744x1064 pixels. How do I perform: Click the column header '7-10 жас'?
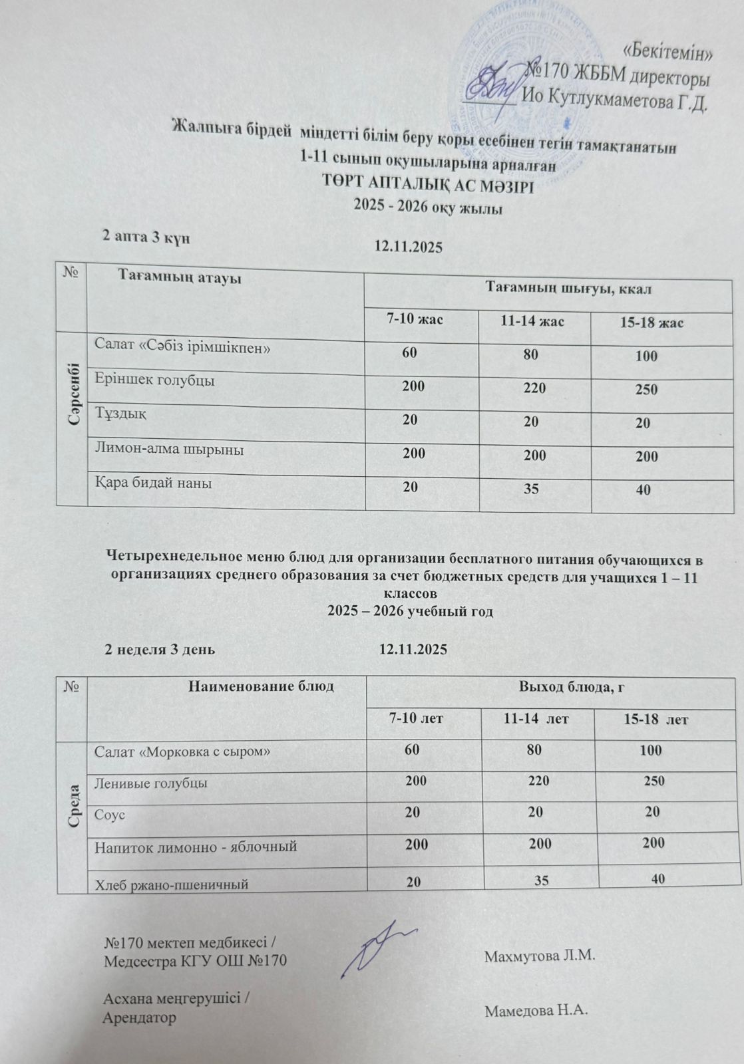click(415, 319)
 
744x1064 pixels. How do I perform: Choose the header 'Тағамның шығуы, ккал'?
click(567, 289)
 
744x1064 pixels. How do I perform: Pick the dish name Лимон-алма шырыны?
click(169, 450)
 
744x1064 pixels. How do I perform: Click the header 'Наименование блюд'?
click(261, 686)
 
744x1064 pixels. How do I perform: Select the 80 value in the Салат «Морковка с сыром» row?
click(533, 750)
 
